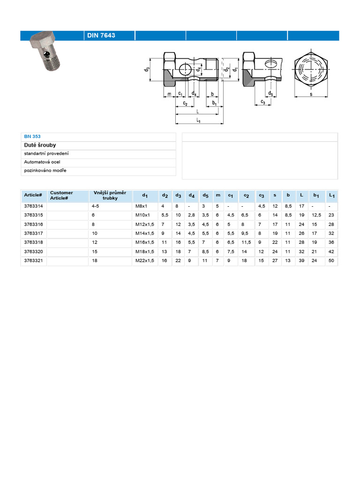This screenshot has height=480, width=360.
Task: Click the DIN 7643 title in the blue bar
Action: pos(101,35)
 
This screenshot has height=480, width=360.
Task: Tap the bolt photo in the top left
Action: pos(45,51)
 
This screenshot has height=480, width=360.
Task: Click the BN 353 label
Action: pos(32,136)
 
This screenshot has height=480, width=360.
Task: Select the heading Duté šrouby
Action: pos(40,145)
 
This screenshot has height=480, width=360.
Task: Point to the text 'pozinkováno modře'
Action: pos(45,171)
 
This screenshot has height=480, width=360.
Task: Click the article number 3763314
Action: pos(33,206)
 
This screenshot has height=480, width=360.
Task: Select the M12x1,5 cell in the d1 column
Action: pos(145,225)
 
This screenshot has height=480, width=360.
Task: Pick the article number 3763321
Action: pos(33,261)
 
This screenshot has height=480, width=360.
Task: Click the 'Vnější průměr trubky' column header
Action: pos(110,195)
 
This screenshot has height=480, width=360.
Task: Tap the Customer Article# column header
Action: pos(61,195)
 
